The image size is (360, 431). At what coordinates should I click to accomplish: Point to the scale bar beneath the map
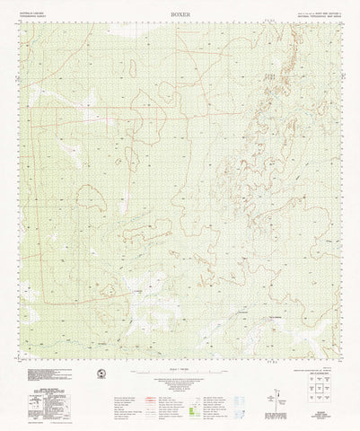tap(180, 365)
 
